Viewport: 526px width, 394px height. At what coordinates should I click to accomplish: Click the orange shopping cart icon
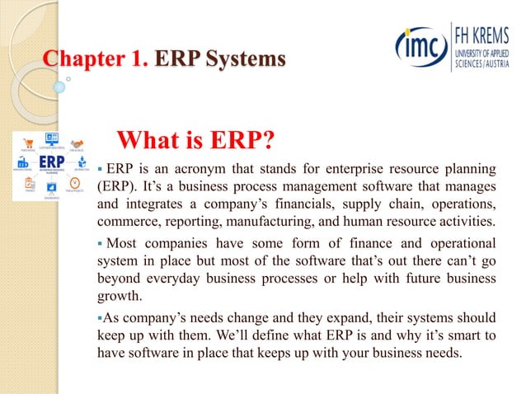tap(29, 142)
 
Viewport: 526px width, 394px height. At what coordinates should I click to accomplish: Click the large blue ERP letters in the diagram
tap(52, 160)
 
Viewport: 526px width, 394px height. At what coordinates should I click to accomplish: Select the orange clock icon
tap(75, 182)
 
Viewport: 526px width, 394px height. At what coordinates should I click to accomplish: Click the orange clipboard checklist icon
tap(30, 182)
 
